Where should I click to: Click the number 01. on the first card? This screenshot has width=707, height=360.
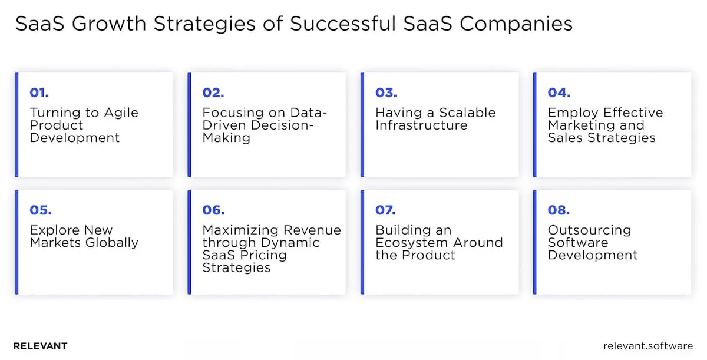(x=39, y=93)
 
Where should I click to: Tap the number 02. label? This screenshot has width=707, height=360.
(x=213, y=93)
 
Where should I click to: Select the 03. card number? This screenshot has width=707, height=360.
(x=386, y=93)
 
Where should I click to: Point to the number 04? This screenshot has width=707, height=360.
(x=559, y=93)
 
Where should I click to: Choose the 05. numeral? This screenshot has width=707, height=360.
(x=40, y=210)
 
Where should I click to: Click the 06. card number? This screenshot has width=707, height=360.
(x=213, y=210)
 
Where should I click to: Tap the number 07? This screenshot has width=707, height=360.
(x=385, y=210)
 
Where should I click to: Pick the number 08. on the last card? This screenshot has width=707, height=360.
(x=559, y=210)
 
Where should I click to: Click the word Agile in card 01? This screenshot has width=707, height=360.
(x=122, y=113)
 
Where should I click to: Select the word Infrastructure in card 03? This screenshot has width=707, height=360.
(x=421, y=125)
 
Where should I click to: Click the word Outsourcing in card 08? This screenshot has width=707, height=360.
(x=589, y=230)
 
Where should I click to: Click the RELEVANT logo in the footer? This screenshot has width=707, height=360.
(x=40, y=346)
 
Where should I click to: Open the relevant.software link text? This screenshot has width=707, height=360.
(x=648, y=346)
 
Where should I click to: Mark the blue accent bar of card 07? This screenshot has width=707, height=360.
(x=362, y=242)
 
